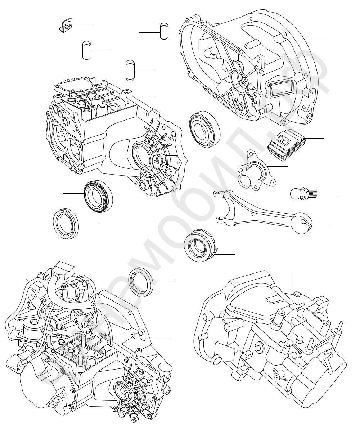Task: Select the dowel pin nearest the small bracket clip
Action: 86,50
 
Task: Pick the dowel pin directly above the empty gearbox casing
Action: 130,71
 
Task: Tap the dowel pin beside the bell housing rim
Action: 164,31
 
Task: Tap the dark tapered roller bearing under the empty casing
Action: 98,197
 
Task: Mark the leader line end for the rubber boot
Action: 324,139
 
